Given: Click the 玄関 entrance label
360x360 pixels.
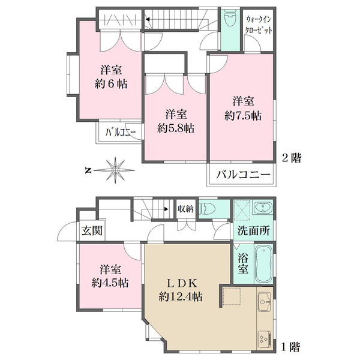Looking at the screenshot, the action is pyautogui.click(x=92, y=230).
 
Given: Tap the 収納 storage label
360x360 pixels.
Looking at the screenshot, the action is pyautogui.click(x=185, y=209).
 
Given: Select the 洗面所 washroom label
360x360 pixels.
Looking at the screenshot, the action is pyautogui.click(x=253, y=230).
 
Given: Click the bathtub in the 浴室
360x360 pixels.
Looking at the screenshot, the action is pyautogui.click(x=263, y=264).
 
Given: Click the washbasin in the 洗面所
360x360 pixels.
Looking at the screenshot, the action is pyautogui.click(x=263, y=207).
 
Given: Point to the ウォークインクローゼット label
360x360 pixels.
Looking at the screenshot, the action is pyautogui.click(x=258, y=25).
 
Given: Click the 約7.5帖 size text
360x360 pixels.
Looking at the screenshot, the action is pyautogui.click(x=243, y=116).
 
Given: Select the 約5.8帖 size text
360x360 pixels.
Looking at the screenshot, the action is pyautogui.click(x=176, y=128).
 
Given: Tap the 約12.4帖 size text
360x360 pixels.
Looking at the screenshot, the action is pyautogui.click(x=181, y=296).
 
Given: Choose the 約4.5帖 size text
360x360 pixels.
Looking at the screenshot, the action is pyautogui.click(x=110, y=283).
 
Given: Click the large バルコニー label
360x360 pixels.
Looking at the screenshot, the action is pyautogui.click(x=243, y=175).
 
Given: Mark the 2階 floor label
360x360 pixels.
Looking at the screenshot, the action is pyautogui.click(x=292, y=158).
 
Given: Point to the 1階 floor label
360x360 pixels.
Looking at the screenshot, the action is pyautogui.click(x=290, y=347).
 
